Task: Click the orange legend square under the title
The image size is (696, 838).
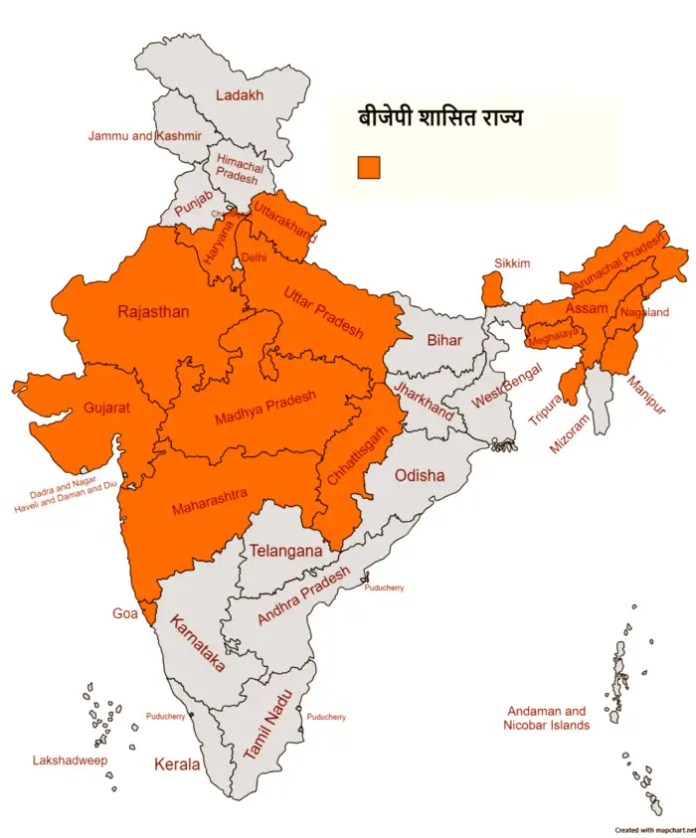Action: click(x=369, y=168)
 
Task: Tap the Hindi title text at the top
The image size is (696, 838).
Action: click(x=439, y=118)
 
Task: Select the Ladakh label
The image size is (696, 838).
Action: click(x=240, y=95)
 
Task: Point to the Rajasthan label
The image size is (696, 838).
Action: click(x=152, y=312)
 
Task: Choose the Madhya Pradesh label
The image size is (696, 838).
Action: click(x=265, y=409)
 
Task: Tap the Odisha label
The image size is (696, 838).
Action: click(x=420, y=475)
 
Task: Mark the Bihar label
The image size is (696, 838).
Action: click(x=444, y=340)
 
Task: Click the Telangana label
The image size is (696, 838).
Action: click(x=285, y=550)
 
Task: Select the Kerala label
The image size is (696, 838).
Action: click(x=176, y=764)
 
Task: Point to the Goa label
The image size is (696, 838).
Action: click(x=124, y=613)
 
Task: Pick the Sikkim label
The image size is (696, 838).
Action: click(x=512, y=263)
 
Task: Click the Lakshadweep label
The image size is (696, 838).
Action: click(x=70, y=760)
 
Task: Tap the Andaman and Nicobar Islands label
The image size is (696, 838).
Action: click(x=548, y=718)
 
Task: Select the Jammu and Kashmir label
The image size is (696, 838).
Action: click(x=145, y=135)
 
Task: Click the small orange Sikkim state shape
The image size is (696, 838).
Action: click(x=493, y=290)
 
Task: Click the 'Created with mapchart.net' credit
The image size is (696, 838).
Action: click(x=653, y=830)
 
